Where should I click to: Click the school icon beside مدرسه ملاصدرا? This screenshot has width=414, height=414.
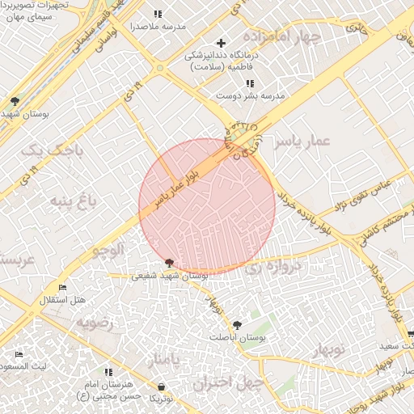point(157,14)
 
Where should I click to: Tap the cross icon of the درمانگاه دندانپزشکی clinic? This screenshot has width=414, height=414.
point(222,42)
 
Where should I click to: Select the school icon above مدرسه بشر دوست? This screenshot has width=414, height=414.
point(250,82)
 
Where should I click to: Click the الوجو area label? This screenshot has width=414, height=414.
point(108,250)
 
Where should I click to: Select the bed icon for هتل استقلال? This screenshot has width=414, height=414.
point(63,288)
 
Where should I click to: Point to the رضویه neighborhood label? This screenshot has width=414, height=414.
point(96,322)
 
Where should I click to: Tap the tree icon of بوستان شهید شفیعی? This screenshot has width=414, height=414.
point(169,263)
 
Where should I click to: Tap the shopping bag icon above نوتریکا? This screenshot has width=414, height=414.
point(162,387)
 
